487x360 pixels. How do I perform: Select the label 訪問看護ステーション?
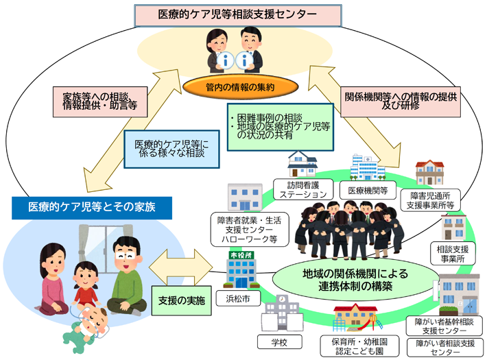(x=303, y=189)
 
